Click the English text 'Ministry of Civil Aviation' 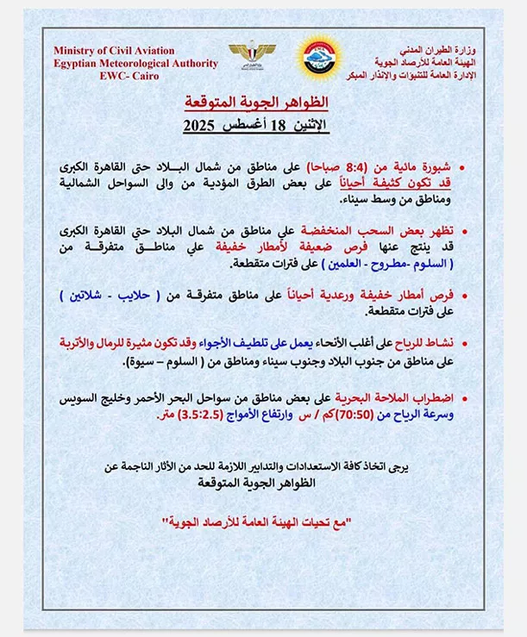coord(113,51)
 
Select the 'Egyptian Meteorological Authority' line coord(113,63)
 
